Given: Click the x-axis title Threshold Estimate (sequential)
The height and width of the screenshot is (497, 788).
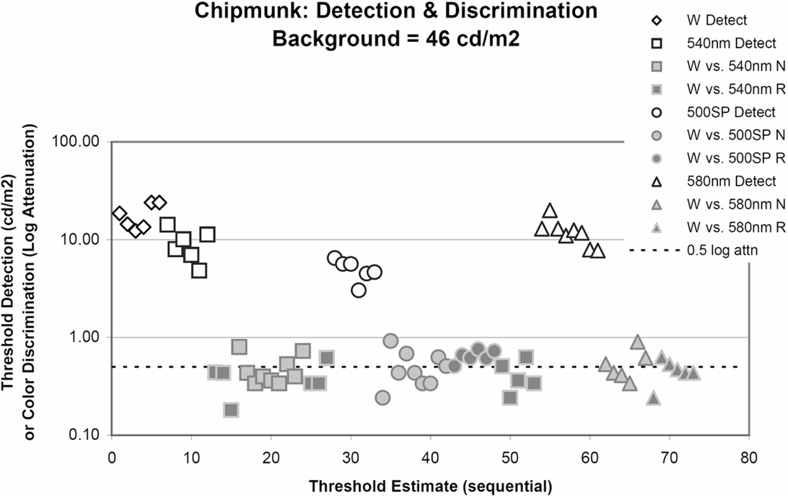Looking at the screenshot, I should coord(430,486).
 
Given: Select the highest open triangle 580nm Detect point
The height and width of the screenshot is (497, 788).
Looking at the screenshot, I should coord(549,210).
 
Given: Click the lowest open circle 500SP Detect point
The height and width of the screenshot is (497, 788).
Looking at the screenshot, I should coord(358,290).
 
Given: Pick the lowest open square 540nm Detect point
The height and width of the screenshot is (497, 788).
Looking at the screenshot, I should coord(199,271).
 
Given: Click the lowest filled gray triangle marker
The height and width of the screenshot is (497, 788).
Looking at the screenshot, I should coord(653,398).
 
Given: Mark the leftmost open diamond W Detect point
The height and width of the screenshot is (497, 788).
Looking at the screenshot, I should coord(120,214).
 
